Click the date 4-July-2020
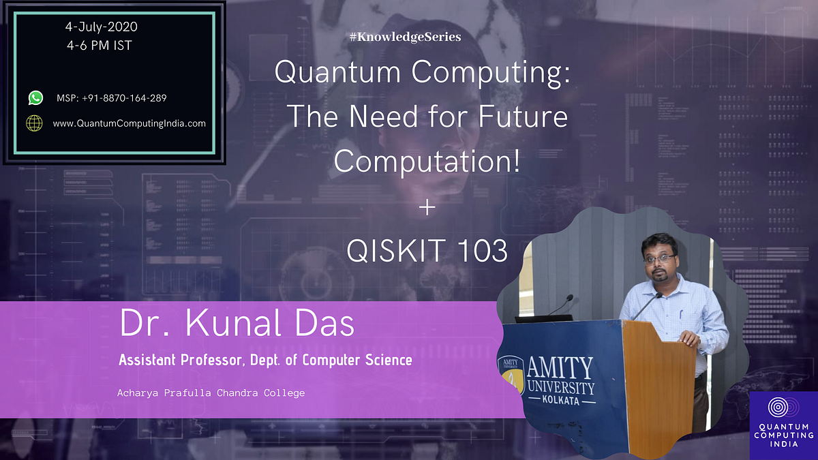pos(101,28)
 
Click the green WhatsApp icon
pos(35,98)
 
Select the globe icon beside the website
pos(34,123)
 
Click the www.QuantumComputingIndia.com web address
pos(129,123)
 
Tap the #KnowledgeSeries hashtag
pos(405,37)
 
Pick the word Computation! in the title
pos(427,161)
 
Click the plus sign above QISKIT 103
pos(427,207)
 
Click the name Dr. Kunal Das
pos(237,324)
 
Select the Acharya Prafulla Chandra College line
pos(211,393)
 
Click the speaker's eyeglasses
pos(659,258)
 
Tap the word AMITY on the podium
pos(562,368)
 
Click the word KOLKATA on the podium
pos(561,401)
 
